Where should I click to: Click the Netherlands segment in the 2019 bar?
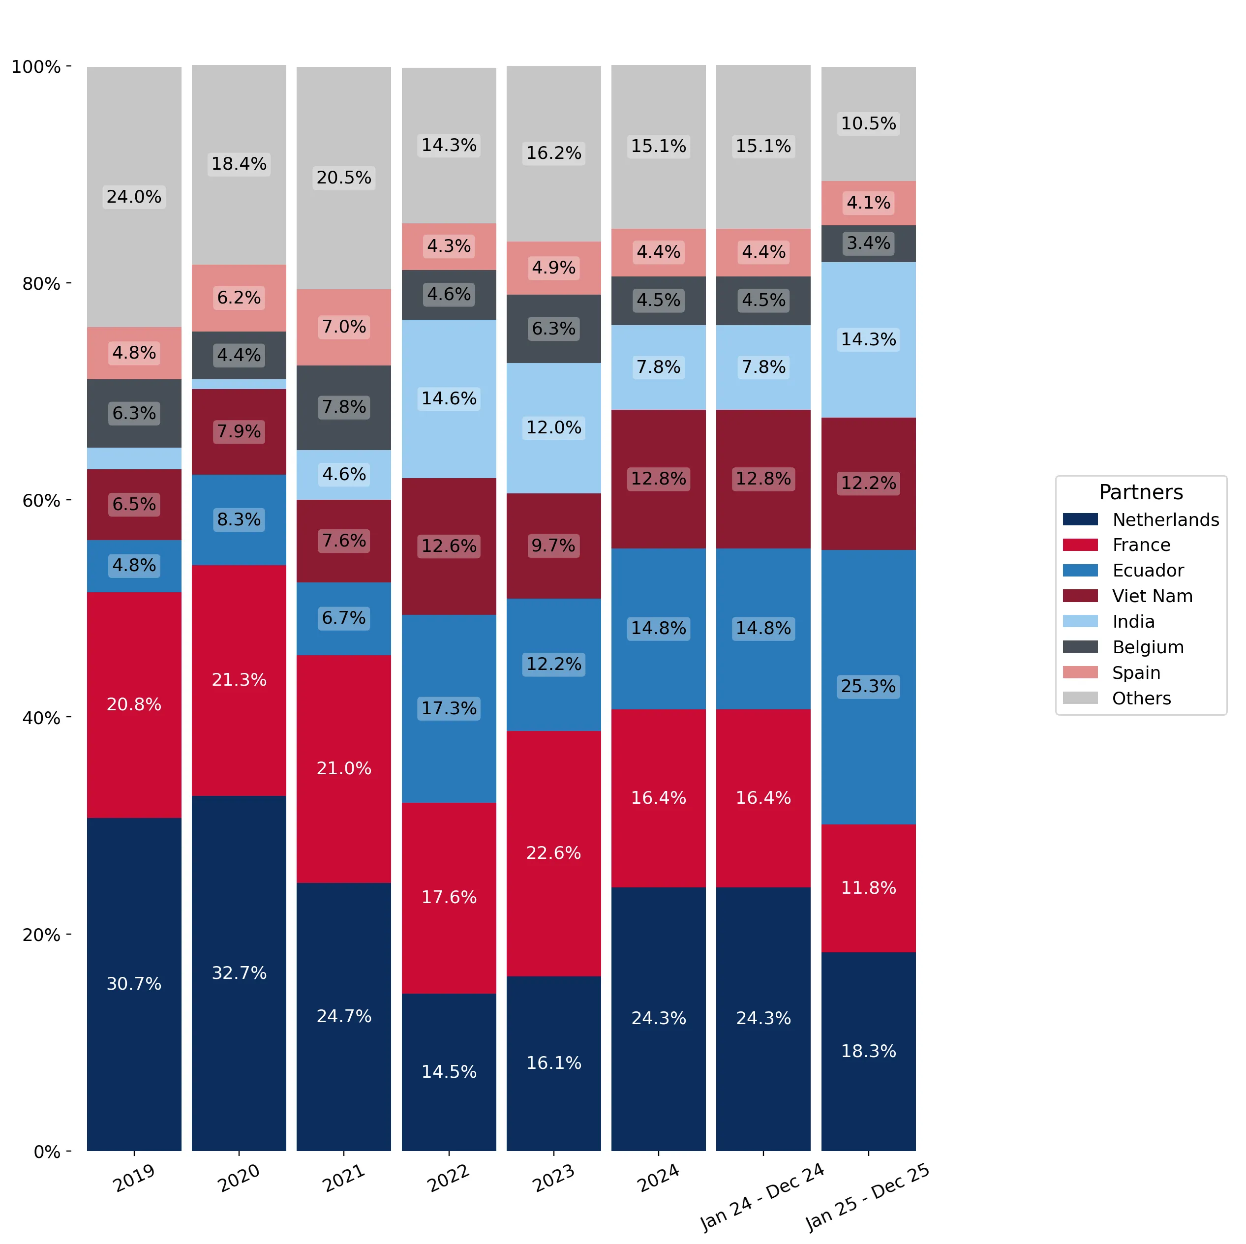pyautogui.click(x=134, y=984)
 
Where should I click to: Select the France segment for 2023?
pyautogui.click(x=553, y=853)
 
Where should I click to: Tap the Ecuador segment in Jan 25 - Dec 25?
pyautogui.click(x=868, y=687)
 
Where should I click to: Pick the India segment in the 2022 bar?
pyautogui.click(x=449, y=398)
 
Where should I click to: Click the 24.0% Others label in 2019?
pyautogui.click(x=134, y=197)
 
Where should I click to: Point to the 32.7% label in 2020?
pyautogui.click(x=239, y=972)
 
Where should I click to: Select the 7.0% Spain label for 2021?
pyautogui.click(x=344, y=327)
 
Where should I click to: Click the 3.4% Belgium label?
pyautogui.click(x=868, y=243)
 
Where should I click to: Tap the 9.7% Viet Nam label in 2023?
pyautogui.click(x=553, y=546)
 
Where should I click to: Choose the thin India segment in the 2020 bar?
pyautogui.click(x=239, y=384)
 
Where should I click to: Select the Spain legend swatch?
pyautogui.click(x=1080, y=672)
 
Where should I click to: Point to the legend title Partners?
pyautogui.click(x=1141, y=492)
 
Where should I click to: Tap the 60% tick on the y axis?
pyautogui.click(x=68, y=500)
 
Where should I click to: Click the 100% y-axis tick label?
pyautogui.click(x=36, y=67)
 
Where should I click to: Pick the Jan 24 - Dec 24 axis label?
pyautogui.click(x=762, y=1197)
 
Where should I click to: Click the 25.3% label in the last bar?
pyautogui.click(x=868, y=686)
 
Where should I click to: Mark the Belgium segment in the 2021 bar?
pyautogui.click(x=344, y=408)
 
